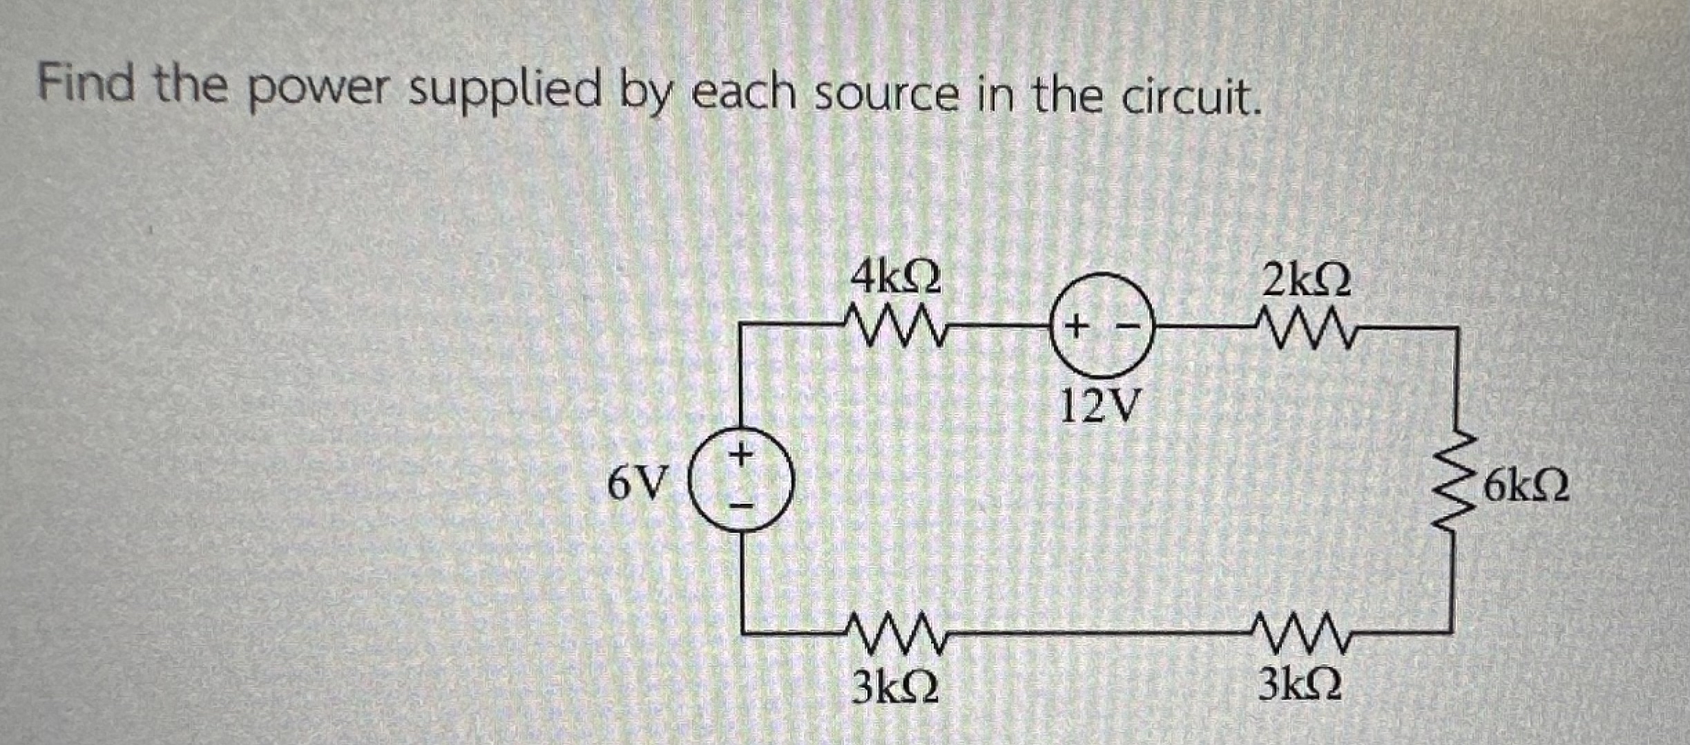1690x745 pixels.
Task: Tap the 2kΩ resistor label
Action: coord(1305,282)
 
